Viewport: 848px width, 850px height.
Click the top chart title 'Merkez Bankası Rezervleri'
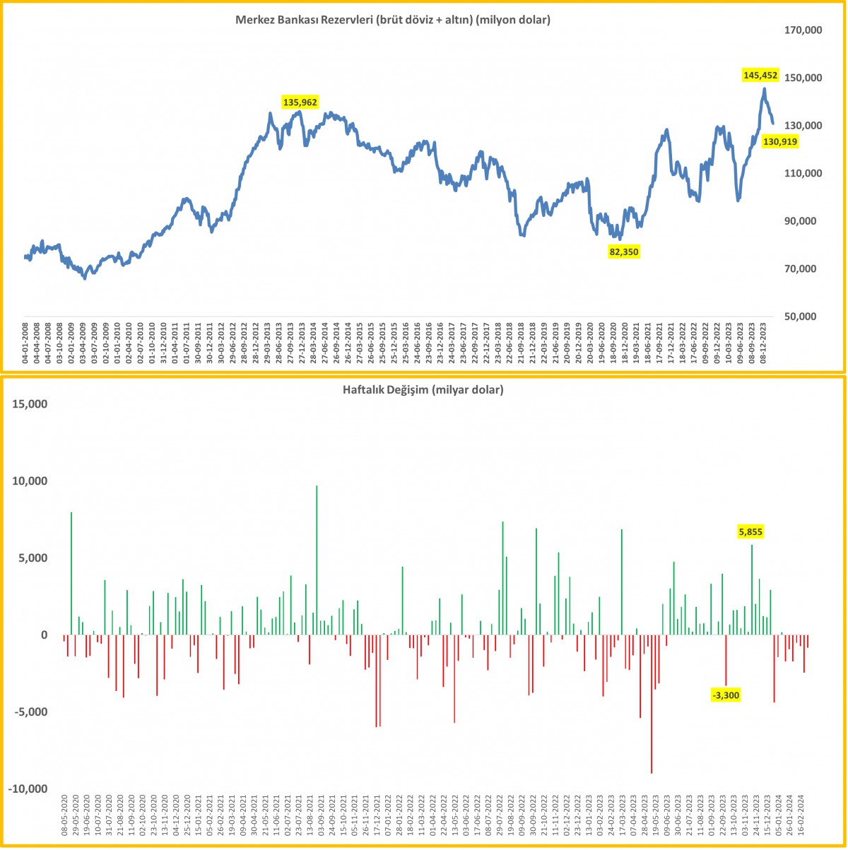(392, 20)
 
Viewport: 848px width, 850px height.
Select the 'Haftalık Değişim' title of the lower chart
(423, 389)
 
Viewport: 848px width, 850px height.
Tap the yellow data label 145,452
(760, 74)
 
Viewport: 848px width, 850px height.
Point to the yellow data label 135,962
(300, 102)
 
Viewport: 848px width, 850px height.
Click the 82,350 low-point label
(624, 251)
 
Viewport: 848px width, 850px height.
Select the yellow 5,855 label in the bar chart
(750, 532)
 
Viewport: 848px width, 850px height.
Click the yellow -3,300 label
(726, 695)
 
